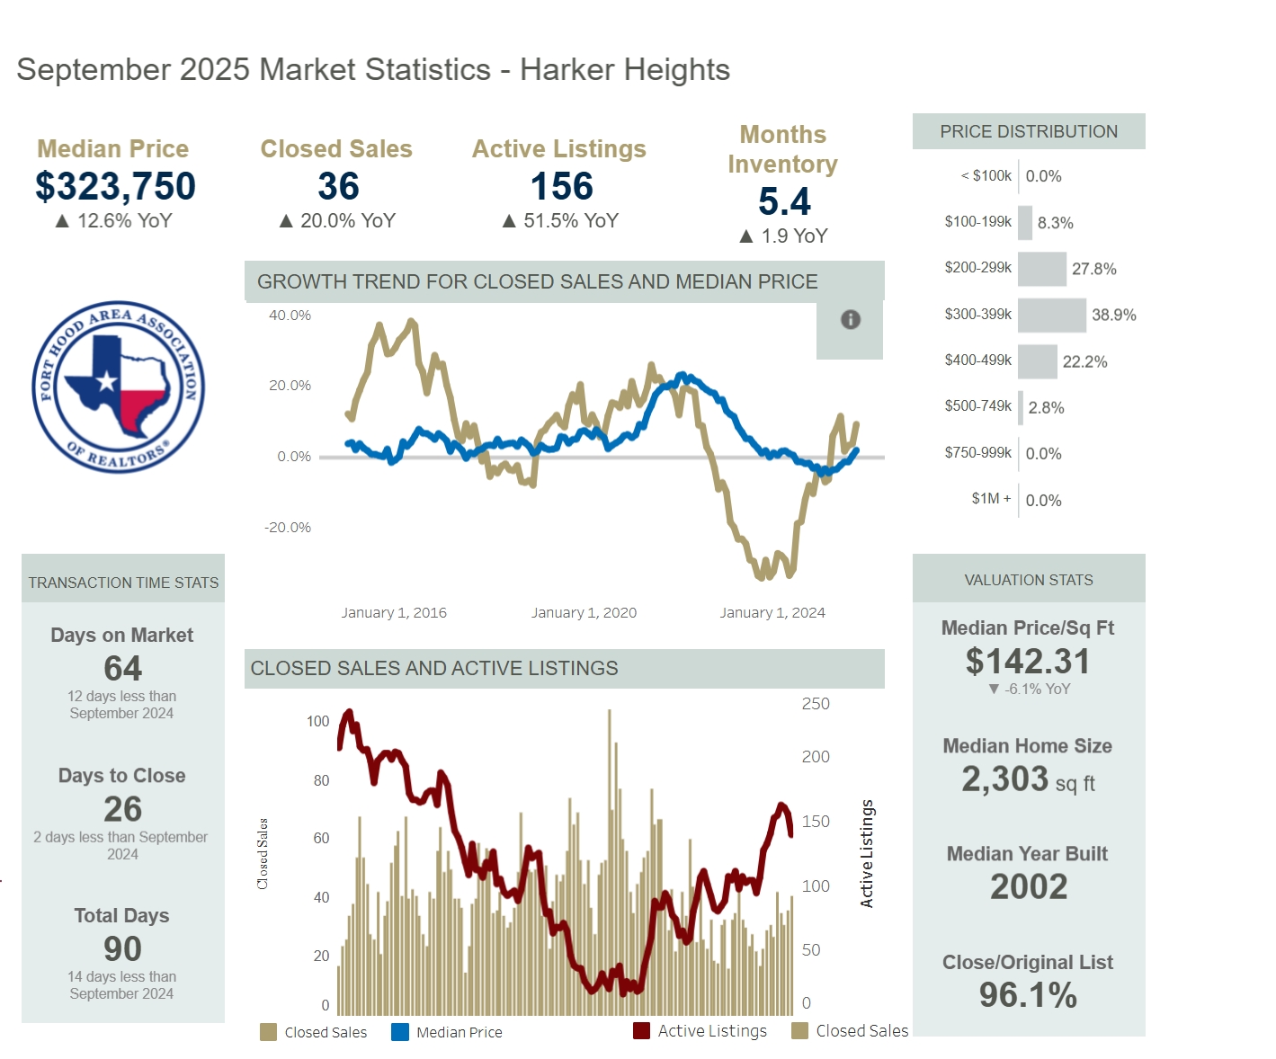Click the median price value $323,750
pos(115,186)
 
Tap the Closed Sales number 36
pos(338,186)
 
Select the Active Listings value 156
pos(561,186)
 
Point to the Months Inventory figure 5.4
pos(784,201)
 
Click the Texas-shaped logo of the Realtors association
pos(119,387)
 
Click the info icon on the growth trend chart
pos(850,319)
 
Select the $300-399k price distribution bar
pos(1051,315)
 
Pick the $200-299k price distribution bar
pos(1041,269)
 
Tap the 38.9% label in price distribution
pos(1113,315)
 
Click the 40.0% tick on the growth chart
pos(290,316)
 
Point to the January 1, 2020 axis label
pos(584,613)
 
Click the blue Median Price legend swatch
pos(400,1032)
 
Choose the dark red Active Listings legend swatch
pos(641,1031)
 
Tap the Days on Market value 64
pos(122,668)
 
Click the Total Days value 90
pos(122,948)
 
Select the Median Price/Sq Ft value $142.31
pos(1028,662)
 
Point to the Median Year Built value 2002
pos(1029,886)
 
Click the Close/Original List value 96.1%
pos(1028,995)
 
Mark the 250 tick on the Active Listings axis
pos(816,704)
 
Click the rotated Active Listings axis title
pos(867,853)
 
